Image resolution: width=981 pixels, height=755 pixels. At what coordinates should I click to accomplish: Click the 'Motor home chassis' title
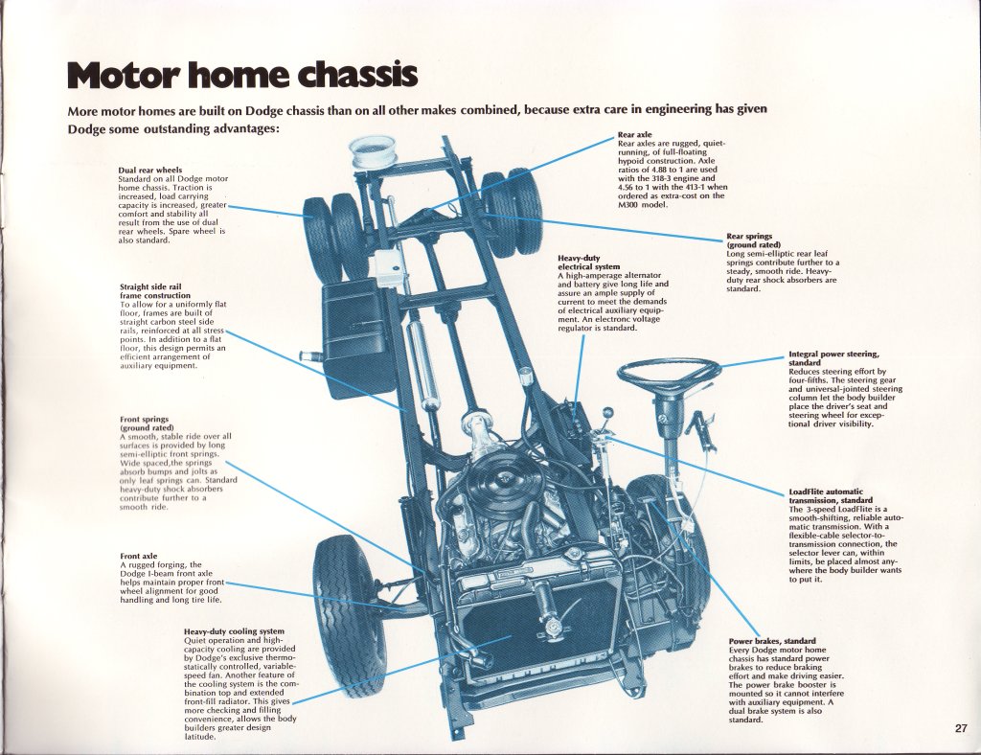tap(242, 75)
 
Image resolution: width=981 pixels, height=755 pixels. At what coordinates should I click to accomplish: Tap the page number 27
tap(961, 728)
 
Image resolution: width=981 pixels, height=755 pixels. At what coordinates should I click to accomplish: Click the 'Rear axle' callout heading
tap(635, 135)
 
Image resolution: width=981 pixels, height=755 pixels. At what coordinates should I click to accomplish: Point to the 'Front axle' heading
tap(138, 557)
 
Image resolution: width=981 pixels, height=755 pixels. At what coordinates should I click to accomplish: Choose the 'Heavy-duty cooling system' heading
tap(234, 631)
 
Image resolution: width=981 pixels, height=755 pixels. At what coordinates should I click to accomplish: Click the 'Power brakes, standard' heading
tap(771, 641)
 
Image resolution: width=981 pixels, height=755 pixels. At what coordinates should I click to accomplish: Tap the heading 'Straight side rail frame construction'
tap(155, 291)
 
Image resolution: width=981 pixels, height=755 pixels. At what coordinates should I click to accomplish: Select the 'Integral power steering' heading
tap(833, 358)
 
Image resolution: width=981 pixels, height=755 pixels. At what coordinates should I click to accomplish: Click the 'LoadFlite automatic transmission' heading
tap(826, 495)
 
